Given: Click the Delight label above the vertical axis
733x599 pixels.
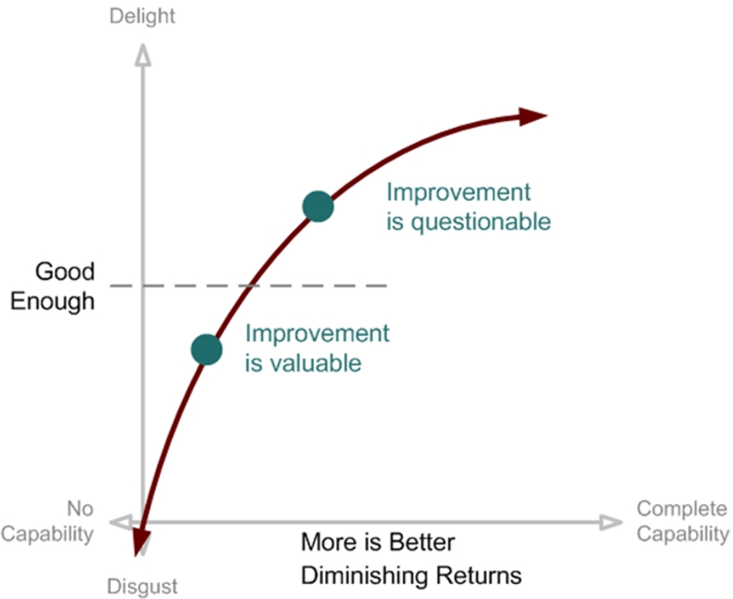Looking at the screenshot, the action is point(142,17).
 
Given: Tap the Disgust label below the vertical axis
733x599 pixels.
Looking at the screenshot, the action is point(142,586).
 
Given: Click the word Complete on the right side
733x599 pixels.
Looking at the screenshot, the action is point(681,509).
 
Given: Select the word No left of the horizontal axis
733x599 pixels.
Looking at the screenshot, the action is point(80,509).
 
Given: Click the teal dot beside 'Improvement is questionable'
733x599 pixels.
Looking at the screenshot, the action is point(318,207).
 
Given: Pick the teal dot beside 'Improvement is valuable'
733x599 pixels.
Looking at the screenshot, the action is point(207,349).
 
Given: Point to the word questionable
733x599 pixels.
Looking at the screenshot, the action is point(480,223).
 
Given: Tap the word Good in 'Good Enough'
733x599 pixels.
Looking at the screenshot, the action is point(65,271).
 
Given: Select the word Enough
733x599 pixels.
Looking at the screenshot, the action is point(53,301).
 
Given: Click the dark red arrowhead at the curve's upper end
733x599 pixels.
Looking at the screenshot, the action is point(532,115).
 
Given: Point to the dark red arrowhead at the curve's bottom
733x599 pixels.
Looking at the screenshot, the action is point(141,542).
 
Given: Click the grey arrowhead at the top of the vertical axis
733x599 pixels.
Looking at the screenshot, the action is point(143,54).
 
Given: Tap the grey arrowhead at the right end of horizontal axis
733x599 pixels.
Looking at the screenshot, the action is point(611,522).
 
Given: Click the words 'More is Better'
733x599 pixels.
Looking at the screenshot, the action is point(378,543).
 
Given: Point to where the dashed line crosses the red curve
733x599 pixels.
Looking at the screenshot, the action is point(251,285).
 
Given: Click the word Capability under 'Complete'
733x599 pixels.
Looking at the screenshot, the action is point(682,533).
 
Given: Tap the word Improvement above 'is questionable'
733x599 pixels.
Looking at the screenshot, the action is point(459,192).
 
